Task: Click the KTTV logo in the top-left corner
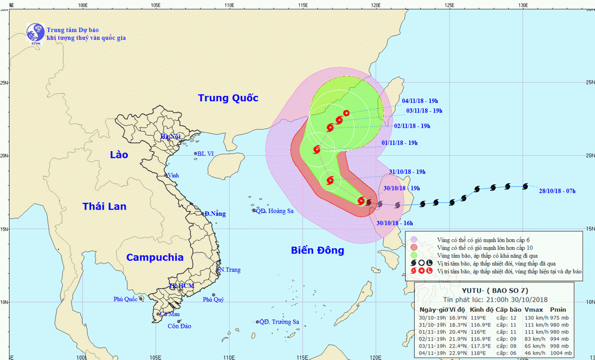pos(34,33)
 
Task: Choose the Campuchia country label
pos(154,258)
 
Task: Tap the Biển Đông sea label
pos(318,251)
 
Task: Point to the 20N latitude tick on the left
pos(4,156)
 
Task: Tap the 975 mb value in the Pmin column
pos(559,318)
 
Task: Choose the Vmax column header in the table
pos(533,309)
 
